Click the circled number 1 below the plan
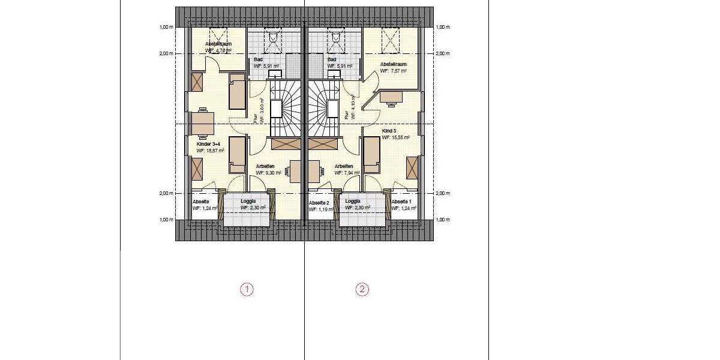pyautogui.click(x=247, y=290)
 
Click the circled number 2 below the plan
pyautogui.click(x=362, y=290)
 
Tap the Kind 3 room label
pyautogui.click(x=389, y=131)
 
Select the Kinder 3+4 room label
pyautogui.click(x=209, y=145)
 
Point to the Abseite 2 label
pyautogui.click(x=319, y=203)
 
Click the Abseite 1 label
pyautogui.click(x=401, y=202)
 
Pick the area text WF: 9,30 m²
pyautogui.click(x=268, y=173)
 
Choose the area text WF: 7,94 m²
pyautogui.click(x=347, y=173)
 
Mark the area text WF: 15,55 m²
pyautogui.click(x=395, y=137)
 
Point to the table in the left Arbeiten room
pyautogui.click(x=296, y=171)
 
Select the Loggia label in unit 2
pyautogui.click(x=353, y=202)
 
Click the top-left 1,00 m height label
pyautogui.click(x=166, y=27)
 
